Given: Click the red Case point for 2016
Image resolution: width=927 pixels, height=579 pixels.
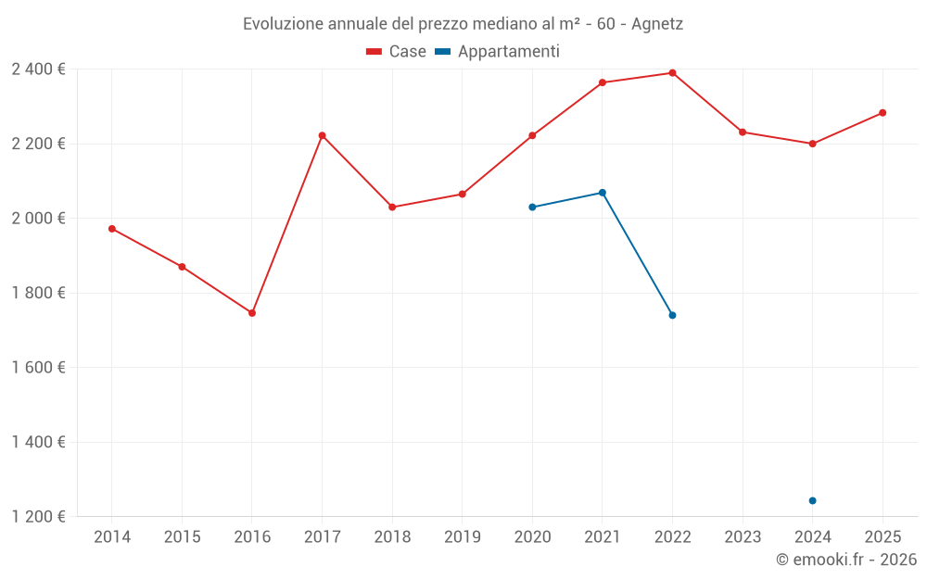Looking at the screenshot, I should pyautogui.click(x=252, y=313).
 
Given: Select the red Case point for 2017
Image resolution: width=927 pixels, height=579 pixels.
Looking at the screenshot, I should pyautogui.click(x=322, y=135).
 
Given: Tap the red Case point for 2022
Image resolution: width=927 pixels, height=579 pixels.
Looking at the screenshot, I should pyautogui.click(x=672, y=73).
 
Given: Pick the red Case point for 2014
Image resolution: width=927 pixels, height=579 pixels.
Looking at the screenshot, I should pyautogui.click(x=112, y=229).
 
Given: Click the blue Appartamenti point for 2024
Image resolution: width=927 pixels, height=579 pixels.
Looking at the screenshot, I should pyautogui.click(x=812, y=500).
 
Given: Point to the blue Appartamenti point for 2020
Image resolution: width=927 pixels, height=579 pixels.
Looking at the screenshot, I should pyautogui.click(x=532, y=207).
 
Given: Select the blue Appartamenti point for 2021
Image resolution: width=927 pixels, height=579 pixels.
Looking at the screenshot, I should pyautogui.click(x=603, y=193).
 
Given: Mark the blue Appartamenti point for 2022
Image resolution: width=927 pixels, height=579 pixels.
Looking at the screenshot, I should pyautogui.click(x=672, y=315).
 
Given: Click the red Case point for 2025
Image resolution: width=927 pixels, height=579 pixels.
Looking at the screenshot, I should pyautogui.click(x=883, y=113).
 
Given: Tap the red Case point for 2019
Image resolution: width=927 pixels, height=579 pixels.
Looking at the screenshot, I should pyautogui.click(x=463, y=195).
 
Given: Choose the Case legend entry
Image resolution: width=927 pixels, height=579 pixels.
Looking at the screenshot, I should pyautogui.click(x=397, y=52).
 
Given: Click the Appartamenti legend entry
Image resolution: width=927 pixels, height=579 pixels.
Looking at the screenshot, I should pyautogui.click(x=498, y=52).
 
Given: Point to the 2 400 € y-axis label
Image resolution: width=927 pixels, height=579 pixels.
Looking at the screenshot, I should pyautogui.click(x=38, y=69).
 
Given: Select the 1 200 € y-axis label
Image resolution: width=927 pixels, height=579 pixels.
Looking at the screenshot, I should pyautogui.click(x=38, y=517).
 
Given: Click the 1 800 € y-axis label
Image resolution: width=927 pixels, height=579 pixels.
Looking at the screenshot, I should pyautogui.click(x=38, y=293).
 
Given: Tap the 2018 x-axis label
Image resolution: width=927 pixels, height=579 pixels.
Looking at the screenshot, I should pyautogui.click(x=392, y=537).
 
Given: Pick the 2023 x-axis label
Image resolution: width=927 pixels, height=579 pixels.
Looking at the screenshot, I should pyautogui.click(x=743, y=537).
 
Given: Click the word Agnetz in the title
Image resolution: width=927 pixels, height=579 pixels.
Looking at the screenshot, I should pyautogui.click(x=657, y=24).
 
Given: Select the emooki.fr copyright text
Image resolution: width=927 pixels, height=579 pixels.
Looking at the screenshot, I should pyautogui.click(x=846, y=560).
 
